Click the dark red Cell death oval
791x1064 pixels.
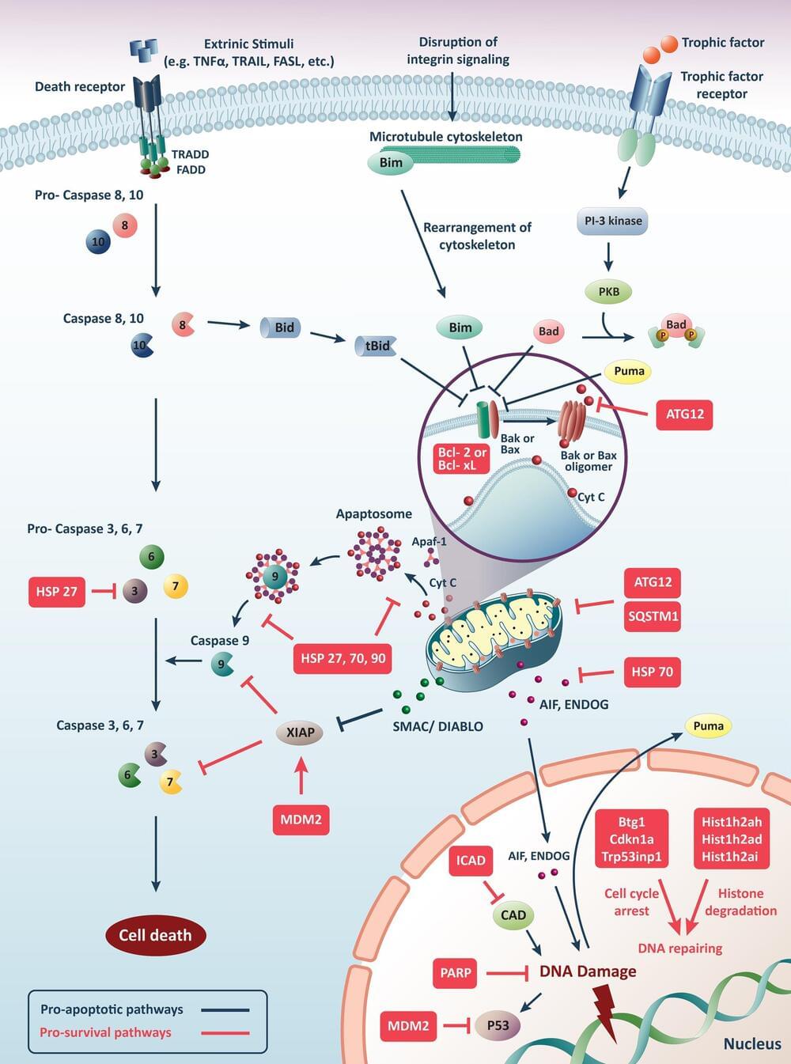(x=155, y=935)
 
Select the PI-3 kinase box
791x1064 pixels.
(x=612, y=222)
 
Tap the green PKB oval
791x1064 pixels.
(x=609, y=292)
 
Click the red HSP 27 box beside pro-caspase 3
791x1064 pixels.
(x=57, y=592)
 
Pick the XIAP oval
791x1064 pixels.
(x=300, y=733)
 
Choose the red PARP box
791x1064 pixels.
(x=456, y=973)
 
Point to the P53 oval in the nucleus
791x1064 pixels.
(x=498, y=1026)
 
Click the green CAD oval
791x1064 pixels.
(x=513, y=915)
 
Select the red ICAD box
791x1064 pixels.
(x=471, y=861)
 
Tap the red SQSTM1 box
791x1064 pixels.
(x=653, y=616)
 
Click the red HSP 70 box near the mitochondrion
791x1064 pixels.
(x=652, y=672)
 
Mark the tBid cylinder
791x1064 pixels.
(x=377, y=346)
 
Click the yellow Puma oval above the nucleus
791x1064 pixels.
(x=708, y=726)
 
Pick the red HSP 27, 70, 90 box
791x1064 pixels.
(x=343, y=658)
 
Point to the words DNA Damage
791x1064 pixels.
(x=588, y=971)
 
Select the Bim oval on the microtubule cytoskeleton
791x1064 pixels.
(x=391, y=163)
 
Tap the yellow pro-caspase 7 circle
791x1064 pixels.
(x=176, y=586)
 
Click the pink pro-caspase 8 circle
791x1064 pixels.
(x=124, y=225)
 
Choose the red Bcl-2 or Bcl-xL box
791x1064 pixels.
(x=462, y=459)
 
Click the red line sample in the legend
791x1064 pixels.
(x=225, y=1032)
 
